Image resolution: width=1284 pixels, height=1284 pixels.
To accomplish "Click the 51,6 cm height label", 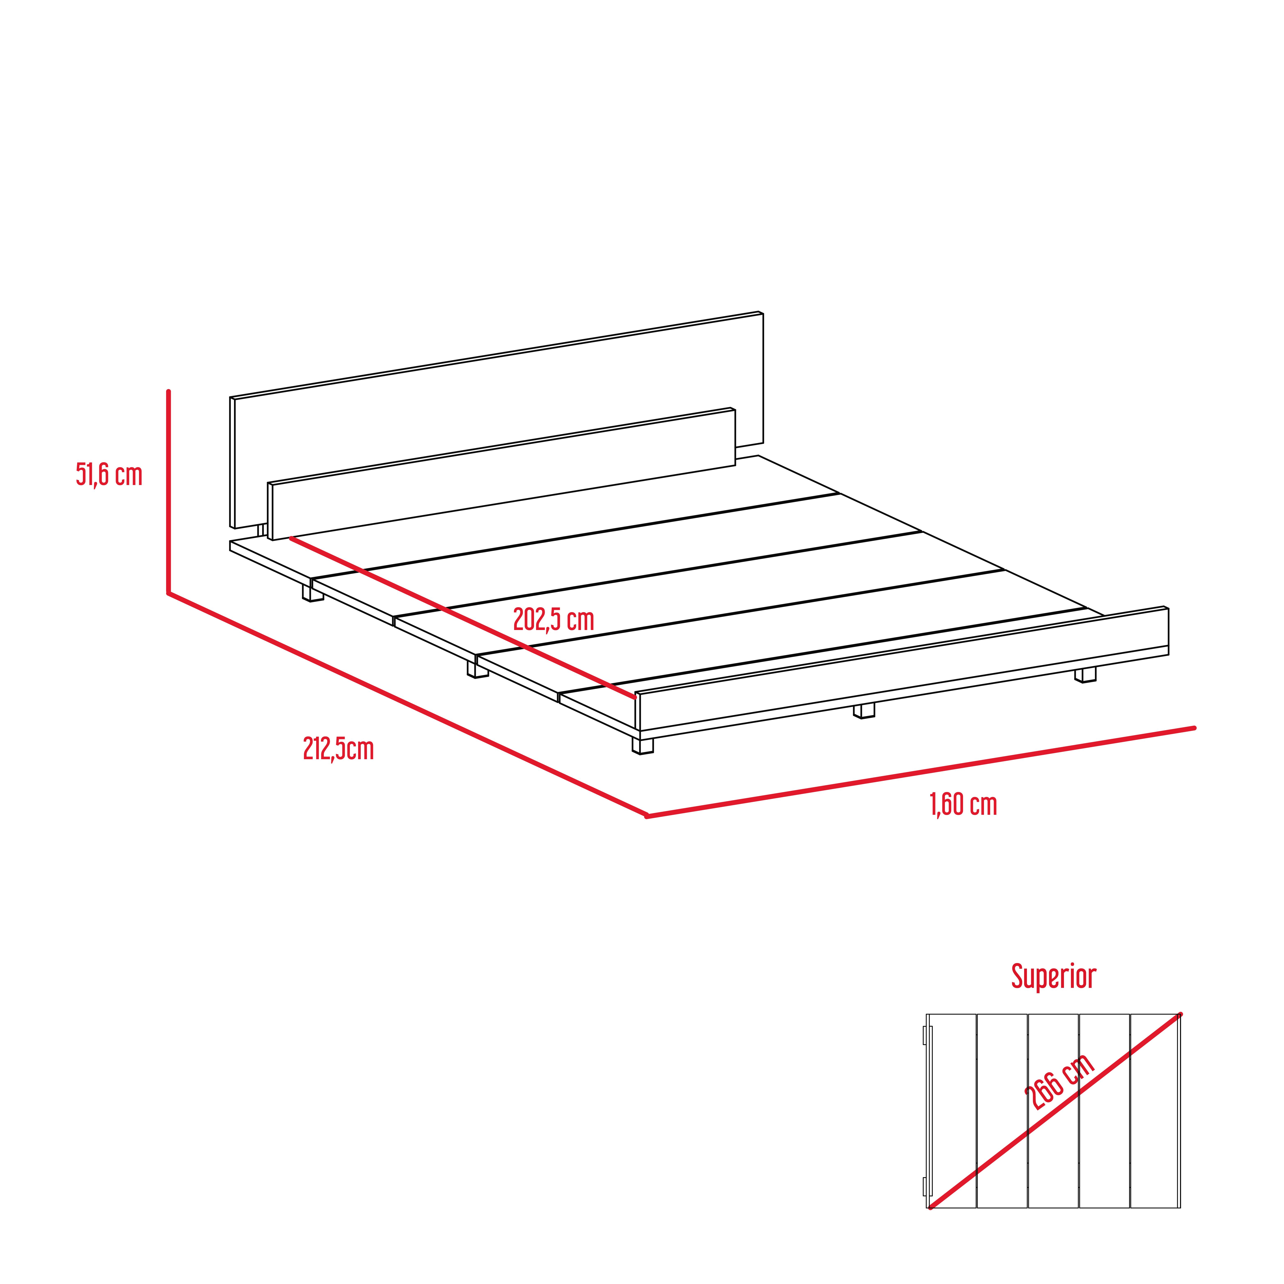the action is click(x=109, y=475).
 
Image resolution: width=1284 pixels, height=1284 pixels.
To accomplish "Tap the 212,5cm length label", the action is click(x=338, y=749).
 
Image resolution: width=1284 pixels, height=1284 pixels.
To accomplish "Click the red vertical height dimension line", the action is click(x=169, y=492).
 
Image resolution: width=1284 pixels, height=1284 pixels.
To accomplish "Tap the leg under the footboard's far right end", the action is click(x=1085, y=675).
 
